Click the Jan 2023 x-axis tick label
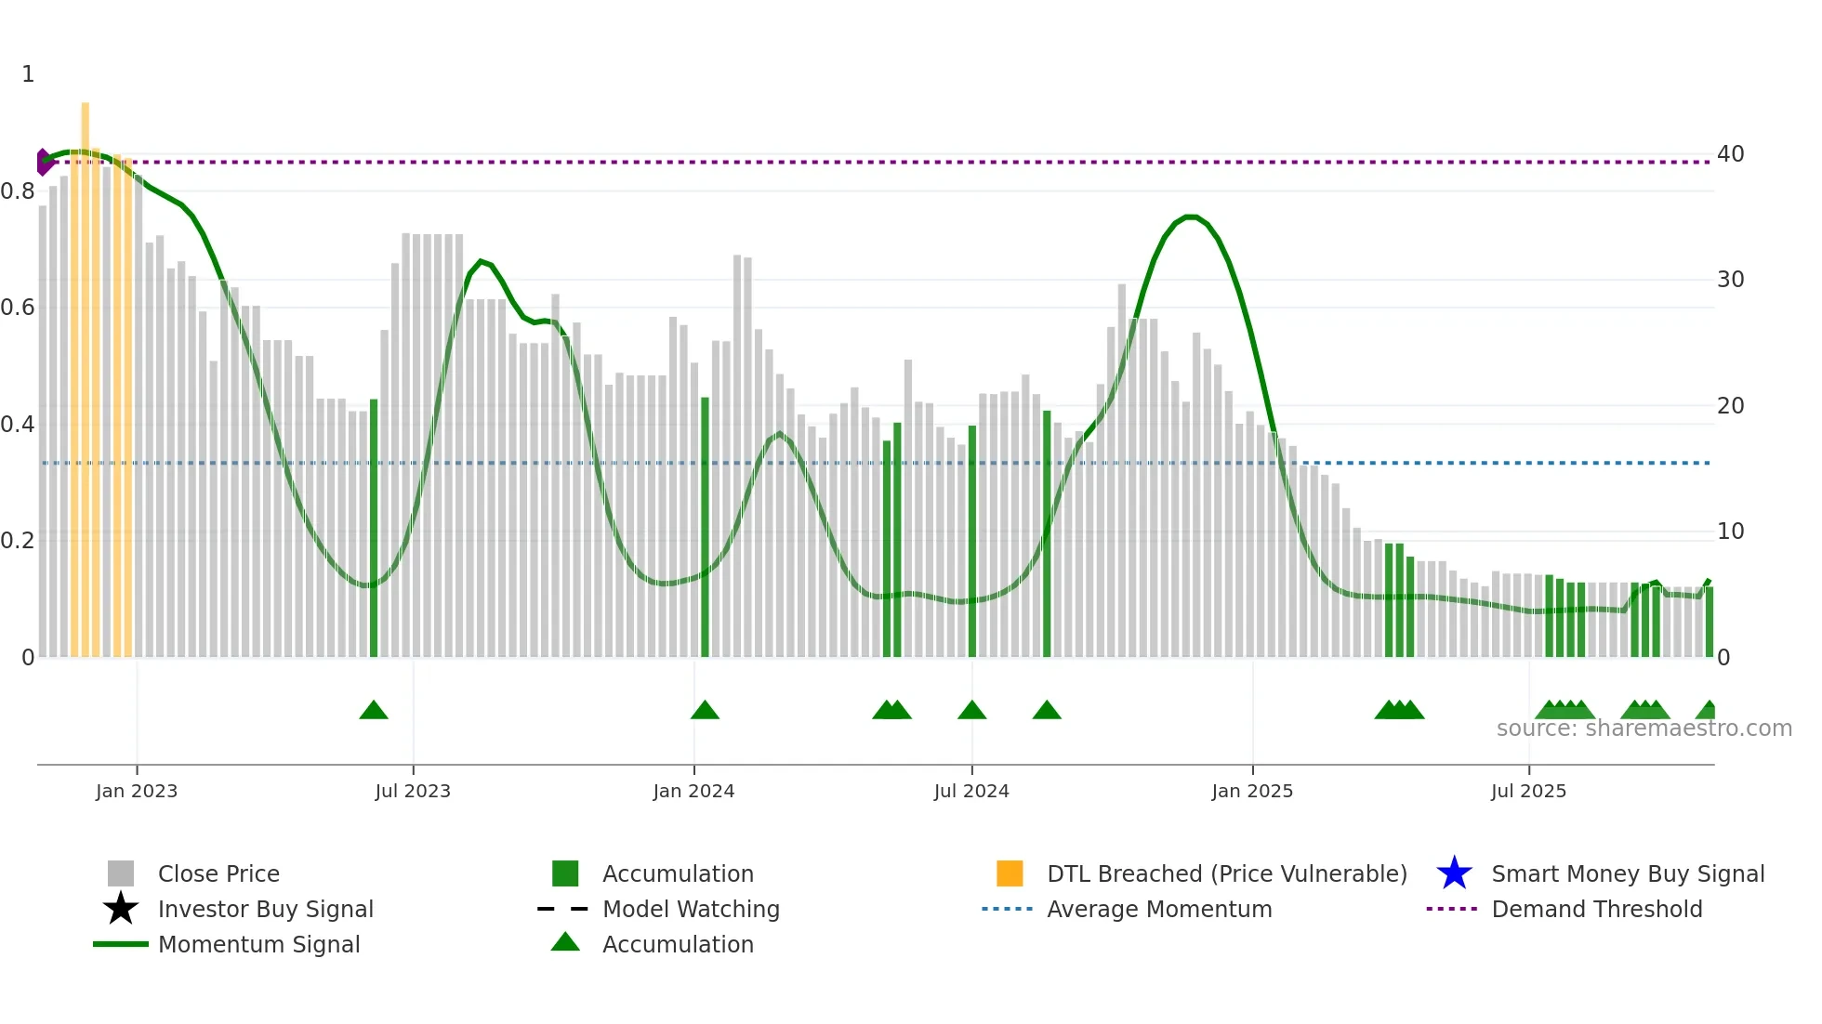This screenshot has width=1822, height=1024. click(x=137, y=791)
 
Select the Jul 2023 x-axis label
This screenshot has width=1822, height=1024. click(x=413, y=791)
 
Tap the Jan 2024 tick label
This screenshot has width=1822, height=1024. click(x=693, y=791)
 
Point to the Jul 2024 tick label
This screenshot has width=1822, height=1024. click(x=971, y=791)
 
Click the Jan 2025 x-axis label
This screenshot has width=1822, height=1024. click(x=1252, y=791)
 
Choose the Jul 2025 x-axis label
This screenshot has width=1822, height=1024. click(x=1528, y=791)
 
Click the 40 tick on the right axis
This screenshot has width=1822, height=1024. click(x=1730, y=154)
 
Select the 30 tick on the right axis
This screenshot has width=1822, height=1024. click(x=1730, y=280)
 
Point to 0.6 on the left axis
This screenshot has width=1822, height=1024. click(x=18, y=308)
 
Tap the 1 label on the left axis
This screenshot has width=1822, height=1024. click(x=28, y=74)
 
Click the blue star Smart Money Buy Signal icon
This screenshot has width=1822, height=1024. click(x=1454, y=873)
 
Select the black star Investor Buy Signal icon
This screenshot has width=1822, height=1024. click(x=121, y=909)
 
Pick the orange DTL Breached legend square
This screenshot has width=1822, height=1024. click(x=1010, y=873)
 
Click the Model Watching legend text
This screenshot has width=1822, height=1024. click(x=691, y=909)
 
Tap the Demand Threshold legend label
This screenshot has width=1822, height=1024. click(x=1596, y=909)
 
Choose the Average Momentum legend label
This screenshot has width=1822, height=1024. click(x=1159, y=909)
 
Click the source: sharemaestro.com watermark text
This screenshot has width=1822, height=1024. click(x=1644, y=729)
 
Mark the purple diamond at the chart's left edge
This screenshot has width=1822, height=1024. click(x=43, y=162)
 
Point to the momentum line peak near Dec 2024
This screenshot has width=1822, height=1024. click(x=1191, y=217)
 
